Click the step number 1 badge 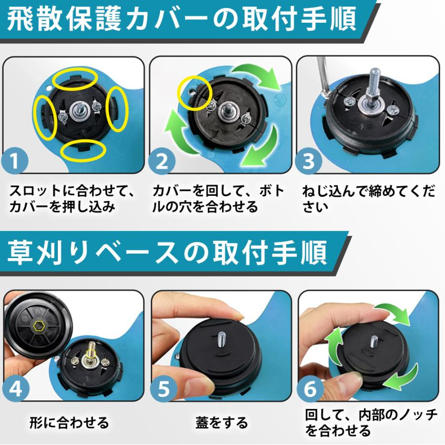point(15,161)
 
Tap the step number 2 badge point(162,161)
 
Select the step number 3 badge point(309,161)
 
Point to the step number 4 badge point(16,388)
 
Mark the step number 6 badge point(310,388)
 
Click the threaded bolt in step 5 point(222,339)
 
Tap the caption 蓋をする point(222,423)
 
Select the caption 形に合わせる point(69,423)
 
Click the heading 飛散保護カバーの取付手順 point(181,19)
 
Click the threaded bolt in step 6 point(374,342)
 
